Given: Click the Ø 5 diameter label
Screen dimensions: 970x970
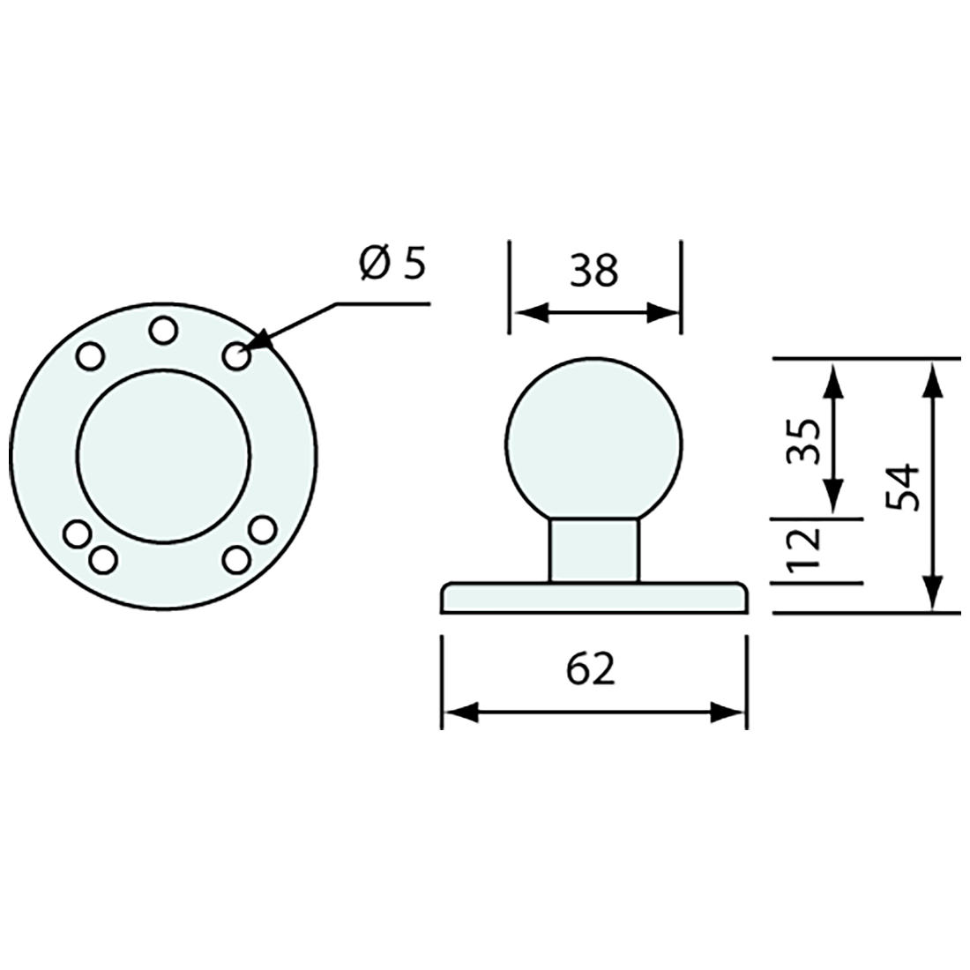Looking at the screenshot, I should click(x=392, y=265).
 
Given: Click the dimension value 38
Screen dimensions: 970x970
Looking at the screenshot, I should click(x=593, y=272).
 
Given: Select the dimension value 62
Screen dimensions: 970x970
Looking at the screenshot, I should click(x=590, y=671).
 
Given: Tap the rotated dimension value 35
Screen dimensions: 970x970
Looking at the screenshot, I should click(x=804, y=441).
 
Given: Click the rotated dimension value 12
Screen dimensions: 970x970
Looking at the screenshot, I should click(x=804, y=550).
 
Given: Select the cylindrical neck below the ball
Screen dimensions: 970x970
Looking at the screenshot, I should click(x=593, y=549).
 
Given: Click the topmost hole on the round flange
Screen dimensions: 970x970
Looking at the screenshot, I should click(x=162, y=331).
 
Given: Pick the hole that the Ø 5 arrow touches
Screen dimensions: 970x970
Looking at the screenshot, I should click(x=235, y=356).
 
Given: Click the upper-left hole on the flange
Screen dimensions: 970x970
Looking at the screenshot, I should click(x=90, y=356).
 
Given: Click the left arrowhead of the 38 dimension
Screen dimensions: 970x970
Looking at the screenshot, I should click(x=526, y=312).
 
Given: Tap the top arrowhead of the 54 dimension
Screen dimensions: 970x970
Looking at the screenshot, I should click(x=932, y=376).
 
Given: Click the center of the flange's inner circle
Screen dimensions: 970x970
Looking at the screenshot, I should click(x=163, y=455).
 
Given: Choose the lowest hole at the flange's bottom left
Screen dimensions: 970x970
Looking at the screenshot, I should click(x=103, y=559).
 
